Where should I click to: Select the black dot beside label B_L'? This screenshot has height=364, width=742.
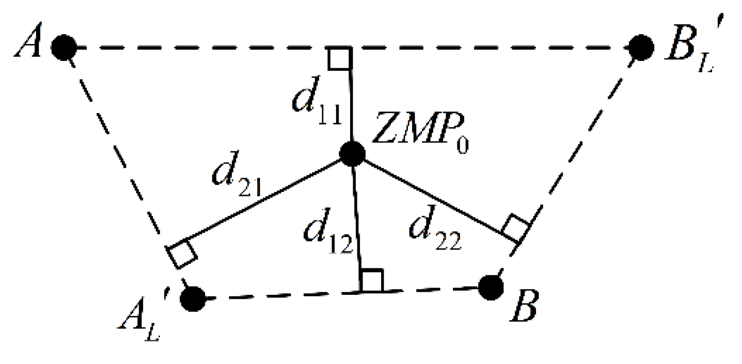pos(641,48)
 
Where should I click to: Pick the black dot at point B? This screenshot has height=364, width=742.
pos(491,287)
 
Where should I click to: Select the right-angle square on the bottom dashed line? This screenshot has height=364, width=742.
pos(372,280)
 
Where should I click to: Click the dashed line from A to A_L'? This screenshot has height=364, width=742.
pos(122,165)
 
